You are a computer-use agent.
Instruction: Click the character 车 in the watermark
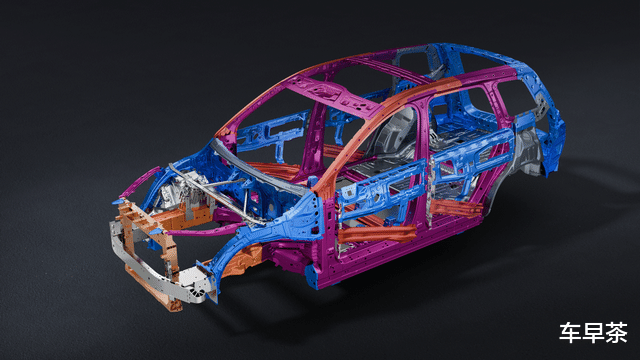click(569, 333)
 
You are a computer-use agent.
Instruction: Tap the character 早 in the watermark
click(593, 333)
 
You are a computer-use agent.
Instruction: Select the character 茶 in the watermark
click(617, 333)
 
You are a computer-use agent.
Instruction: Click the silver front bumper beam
click(159, 269)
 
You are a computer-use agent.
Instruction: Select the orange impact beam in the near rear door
click(456, 208)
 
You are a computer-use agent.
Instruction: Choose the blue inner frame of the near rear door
click(469, 159)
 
